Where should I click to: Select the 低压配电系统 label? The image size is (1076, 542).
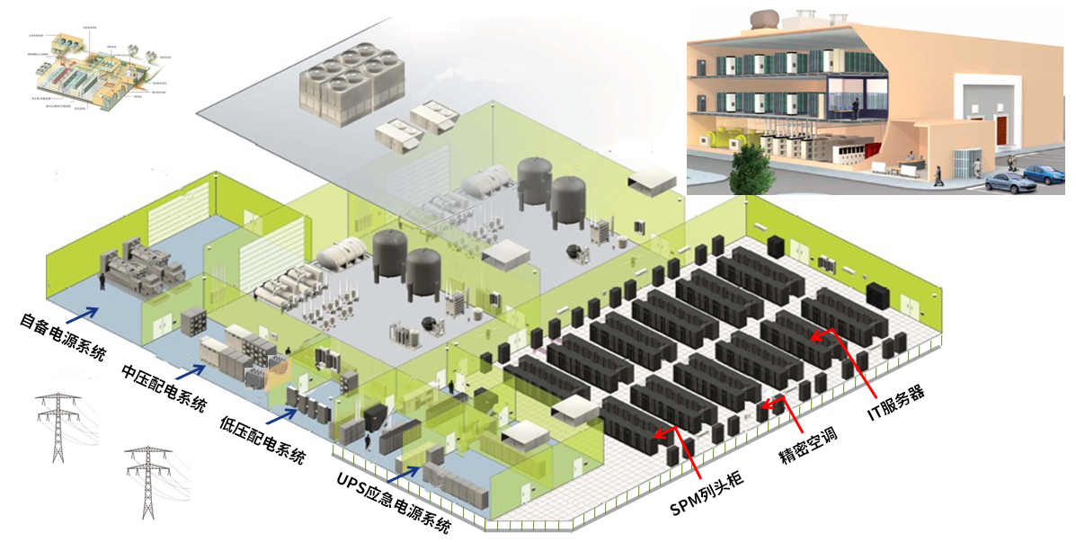(x=262, y=437)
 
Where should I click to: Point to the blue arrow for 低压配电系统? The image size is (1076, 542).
(x=285, y=413)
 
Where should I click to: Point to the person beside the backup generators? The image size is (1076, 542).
(x=103, y=281)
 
